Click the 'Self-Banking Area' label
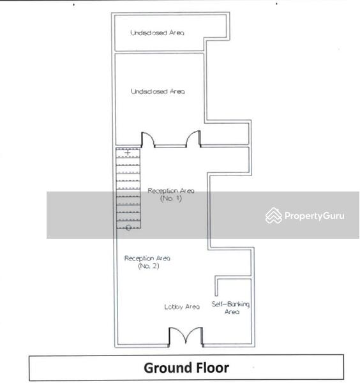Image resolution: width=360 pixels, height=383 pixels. tap(230, 308)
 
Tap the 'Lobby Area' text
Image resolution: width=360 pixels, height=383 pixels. tap(182, 307)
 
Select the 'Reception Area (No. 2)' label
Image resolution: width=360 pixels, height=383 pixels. tap(147, 262)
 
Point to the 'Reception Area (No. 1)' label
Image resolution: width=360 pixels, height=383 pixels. tap(171, 195)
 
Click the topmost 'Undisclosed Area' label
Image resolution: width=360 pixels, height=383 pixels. tap(157, 33)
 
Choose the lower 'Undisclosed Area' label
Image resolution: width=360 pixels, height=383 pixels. tap(158, 91)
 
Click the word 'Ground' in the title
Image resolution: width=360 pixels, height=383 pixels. tap(165, 368)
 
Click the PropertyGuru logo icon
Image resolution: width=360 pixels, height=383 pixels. tap(274, 216)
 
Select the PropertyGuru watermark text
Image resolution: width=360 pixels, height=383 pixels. tap(315, 216)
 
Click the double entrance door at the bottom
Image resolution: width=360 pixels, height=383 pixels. tap(186, 336)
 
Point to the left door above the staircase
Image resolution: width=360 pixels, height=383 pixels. tap(147, 140)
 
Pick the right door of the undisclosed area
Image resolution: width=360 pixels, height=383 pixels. tap(193, 139)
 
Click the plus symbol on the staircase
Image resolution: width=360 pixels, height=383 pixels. tap(128, 153)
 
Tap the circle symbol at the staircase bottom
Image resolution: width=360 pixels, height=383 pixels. tap(128, 228)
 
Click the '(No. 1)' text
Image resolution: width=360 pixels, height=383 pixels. tap(171, 199)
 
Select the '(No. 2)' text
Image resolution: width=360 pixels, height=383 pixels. tap(149, 266)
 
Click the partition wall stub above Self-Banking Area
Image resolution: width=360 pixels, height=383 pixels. tap(216, 286)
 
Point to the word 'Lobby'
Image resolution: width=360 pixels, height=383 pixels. tap(173, 307)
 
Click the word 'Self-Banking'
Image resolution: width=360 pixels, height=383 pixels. tap(230, 304)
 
